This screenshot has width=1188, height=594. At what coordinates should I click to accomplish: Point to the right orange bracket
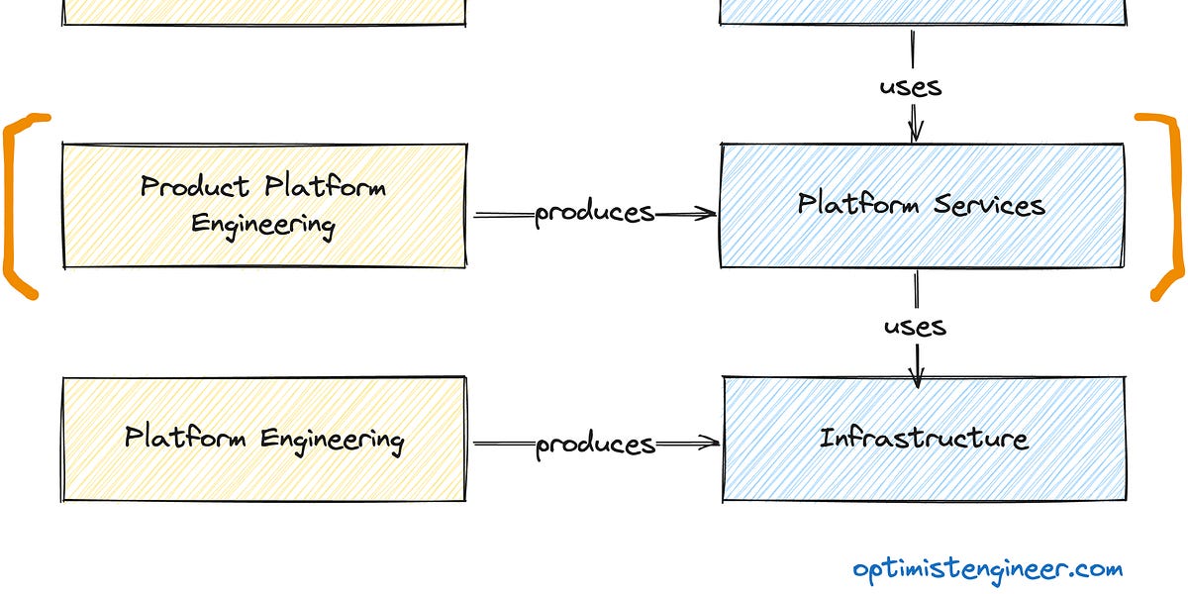(1168, 206)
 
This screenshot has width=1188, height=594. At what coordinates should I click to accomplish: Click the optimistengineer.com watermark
(987, 569)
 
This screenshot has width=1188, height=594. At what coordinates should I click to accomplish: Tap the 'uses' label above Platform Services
(911, 86)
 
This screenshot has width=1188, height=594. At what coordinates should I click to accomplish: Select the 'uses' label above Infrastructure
(915, 326)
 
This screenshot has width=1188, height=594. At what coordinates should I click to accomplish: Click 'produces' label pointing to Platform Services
(594, 213)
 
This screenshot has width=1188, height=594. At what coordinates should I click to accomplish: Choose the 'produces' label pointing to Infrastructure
(595, 445)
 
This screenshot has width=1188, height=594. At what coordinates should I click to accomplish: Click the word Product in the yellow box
(194, 186)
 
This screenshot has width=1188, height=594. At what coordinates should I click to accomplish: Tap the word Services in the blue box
(989, 205)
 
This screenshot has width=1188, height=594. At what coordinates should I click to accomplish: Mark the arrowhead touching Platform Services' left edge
(708, 213)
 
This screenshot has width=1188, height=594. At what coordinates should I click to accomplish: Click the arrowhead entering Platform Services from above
(915, 133)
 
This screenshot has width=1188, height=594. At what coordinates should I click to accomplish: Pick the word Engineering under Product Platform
(263, 224)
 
